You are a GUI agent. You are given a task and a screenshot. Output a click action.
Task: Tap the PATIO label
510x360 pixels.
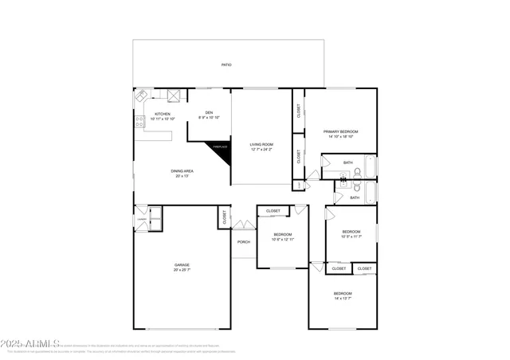(227, 65)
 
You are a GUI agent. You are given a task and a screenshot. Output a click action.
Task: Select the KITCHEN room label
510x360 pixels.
(163, 114)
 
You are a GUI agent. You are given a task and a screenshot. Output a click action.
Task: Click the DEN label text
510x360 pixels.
(209, 112)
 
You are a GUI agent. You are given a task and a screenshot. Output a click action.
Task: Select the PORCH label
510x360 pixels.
(243, 242)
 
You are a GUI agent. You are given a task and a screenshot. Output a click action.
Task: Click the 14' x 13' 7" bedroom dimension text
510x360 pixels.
(342, 299)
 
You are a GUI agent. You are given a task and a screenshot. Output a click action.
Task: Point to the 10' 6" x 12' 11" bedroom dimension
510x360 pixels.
(283, 239)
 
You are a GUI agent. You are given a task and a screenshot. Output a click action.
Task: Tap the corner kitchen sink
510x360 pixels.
(141, 96)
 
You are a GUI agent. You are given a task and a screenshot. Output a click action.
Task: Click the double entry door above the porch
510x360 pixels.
(243, 225)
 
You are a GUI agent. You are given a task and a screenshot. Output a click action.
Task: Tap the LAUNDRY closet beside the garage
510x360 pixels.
(142, 219)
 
